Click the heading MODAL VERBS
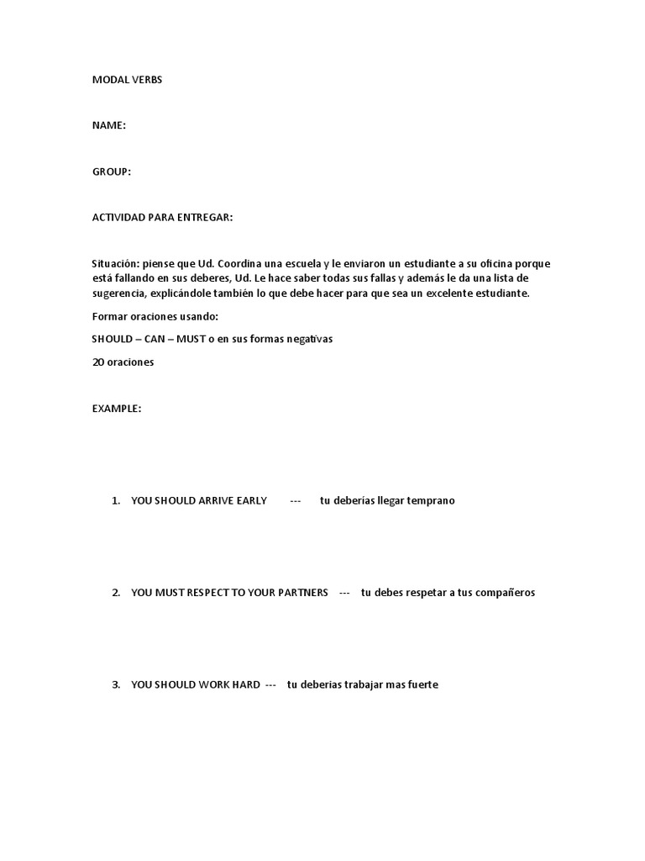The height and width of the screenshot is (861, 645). coord(127,80)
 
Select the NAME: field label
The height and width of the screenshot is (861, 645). coord(109,125)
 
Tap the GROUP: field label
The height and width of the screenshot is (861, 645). coord(112,172)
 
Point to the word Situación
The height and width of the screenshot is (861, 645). coord(116,264)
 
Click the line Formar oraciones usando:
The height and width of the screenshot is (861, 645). coord(155,316)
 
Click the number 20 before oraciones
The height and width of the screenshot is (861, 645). coord(97,362)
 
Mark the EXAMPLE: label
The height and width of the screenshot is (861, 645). coord(117,409)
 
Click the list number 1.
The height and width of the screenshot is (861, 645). coord(116,500)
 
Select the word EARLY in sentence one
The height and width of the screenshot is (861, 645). coord(251,500)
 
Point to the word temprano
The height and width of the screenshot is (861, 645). coord(431,500)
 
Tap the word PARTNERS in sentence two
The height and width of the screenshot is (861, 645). coord(301,593)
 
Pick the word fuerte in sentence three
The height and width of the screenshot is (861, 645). coord(422,685)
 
